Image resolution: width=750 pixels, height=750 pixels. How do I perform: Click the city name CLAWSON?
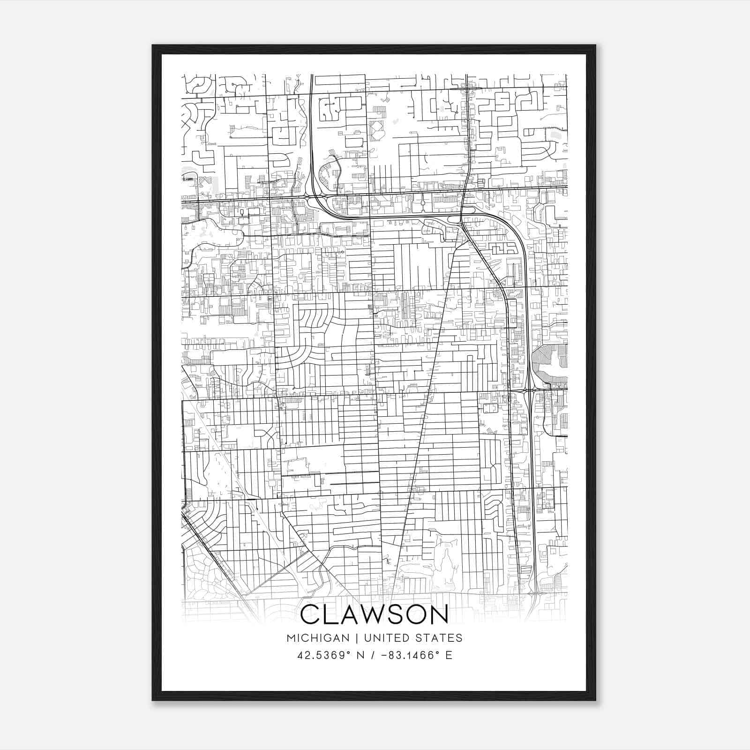(374, 615)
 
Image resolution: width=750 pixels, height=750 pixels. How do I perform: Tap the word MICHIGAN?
(318, 638)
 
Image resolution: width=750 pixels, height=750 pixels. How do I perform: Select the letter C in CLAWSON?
(311, 615)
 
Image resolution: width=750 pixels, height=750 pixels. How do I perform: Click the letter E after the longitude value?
(449, 655)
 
